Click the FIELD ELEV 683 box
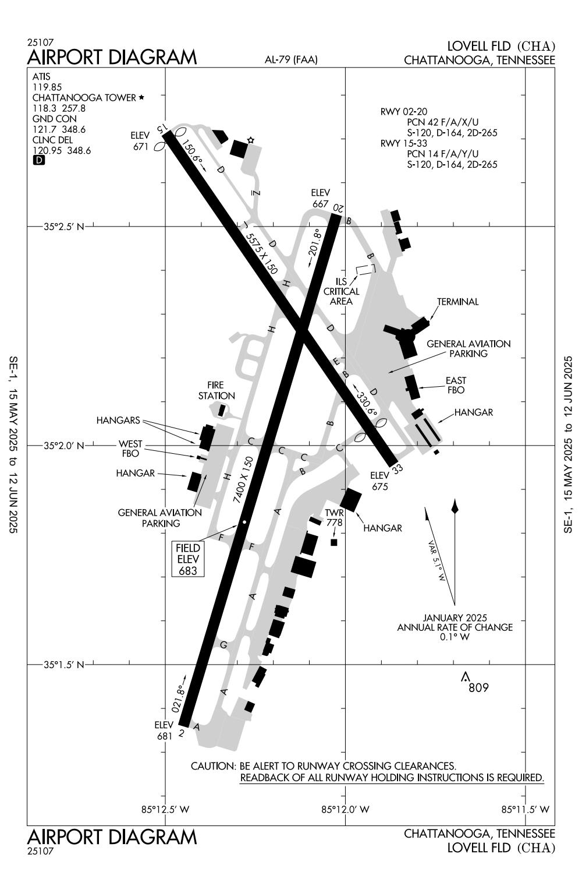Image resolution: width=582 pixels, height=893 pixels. [x=188, y=559]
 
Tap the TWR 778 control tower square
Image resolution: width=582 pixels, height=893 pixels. [x=334, y=542]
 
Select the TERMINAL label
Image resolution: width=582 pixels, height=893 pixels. [x=458, y=302]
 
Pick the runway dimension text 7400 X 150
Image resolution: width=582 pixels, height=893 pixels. [x=243, y=481]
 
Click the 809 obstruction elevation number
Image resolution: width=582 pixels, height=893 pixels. [x=478, y=688]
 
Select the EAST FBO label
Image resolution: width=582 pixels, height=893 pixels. [x=456, y=386]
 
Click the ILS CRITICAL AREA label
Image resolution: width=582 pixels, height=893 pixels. [x=342, y=291]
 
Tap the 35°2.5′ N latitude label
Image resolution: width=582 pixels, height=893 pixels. [x=64, y=226]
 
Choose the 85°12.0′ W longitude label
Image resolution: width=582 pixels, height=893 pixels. [x=345, y=809]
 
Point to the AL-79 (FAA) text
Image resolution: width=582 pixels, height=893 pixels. [x=291, y=59]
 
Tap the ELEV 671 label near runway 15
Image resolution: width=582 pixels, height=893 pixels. [x=141, y=142]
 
